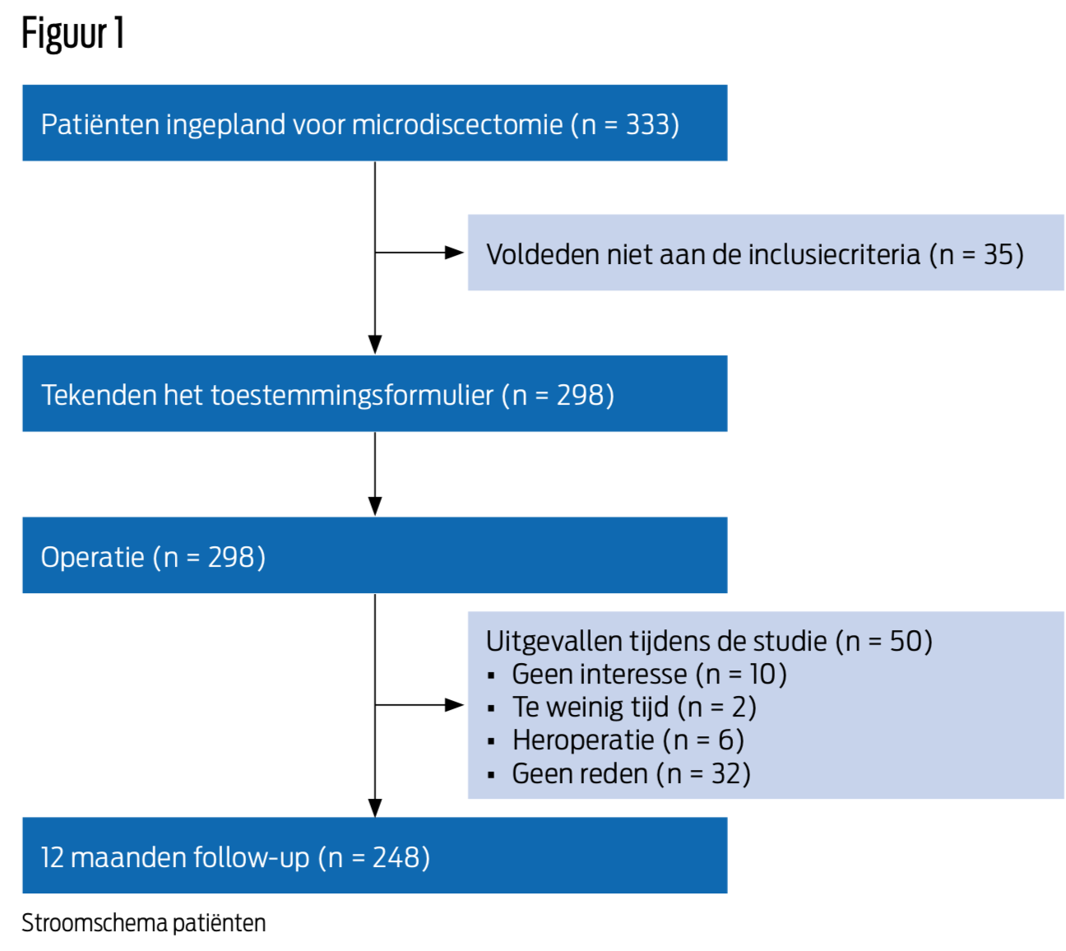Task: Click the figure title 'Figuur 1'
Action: point(72,34)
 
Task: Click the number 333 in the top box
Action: point(647,125)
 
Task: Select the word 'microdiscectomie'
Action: point(457,125)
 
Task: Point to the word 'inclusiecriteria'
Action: point(834,254)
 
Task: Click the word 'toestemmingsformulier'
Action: point(352,395)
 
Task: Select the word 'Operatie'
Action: point(93,557)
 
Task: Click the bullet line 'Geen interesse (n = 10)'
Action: point(637,674)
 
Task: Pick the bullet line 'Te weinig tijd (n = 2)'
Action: point(622,707)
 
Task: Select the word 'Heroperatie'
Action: point(583,740)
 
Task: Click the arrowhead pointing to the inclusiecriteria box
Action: point(454,253)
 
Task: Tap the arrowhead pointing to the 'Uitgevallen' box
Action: point(454,705)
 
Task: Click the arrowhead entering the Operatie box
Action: point(375,505)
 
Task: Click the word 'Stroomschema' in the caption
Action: point(95,922)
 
